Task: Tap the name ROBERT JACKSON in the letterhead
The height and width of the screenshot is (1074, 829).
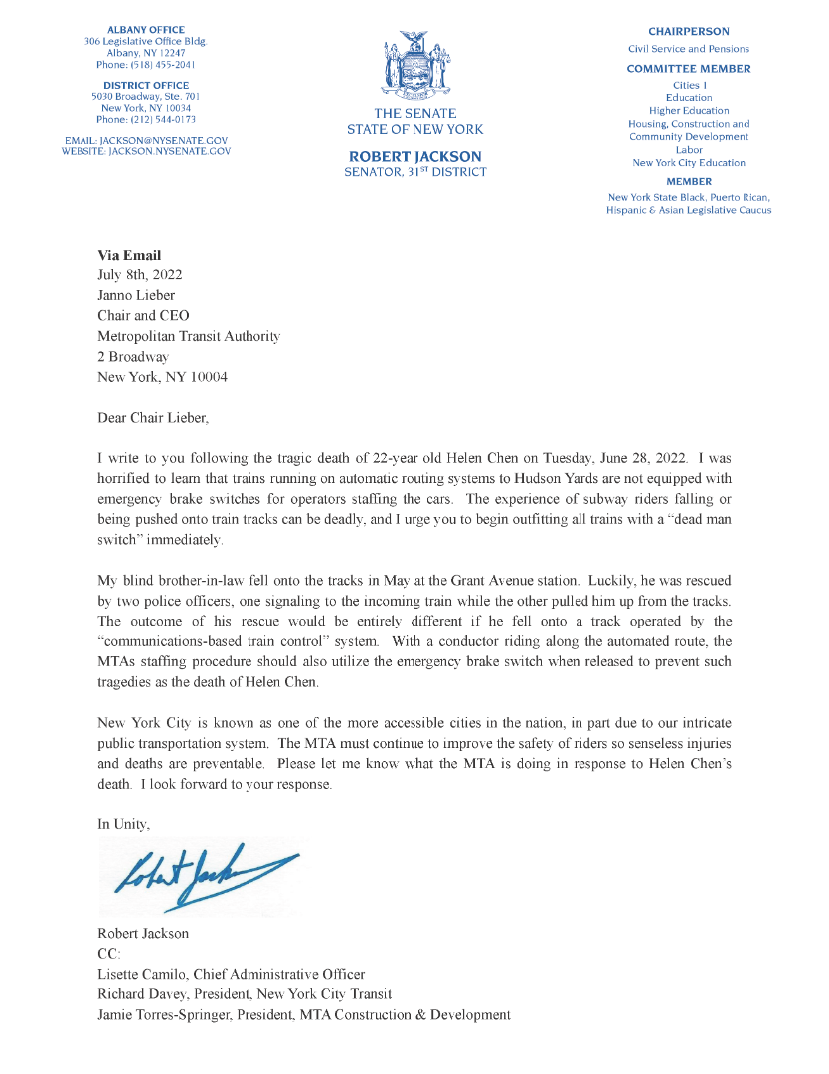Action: point(414,156)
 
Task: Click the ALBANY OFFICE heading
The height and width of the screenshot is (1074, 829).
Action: point(145,30)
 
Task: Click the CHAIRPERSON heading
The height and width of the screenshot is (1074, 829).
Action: point(689,32)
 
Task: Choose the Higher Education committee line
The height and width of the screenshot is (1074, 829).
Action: point(689,111)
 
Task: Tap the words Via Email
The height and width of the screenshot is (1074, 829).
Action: point(129,256)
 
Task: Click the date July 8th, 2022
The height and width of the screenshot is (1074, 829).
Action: point(140,275)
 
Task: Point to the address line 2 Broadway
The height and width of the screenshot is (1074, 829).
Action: point(133,357)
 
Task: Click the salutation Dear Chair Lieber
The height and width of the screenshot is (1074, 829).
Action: point(153,418)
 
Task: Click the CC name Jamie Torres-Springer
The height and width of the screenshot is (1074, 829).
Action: point(164,1015)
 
